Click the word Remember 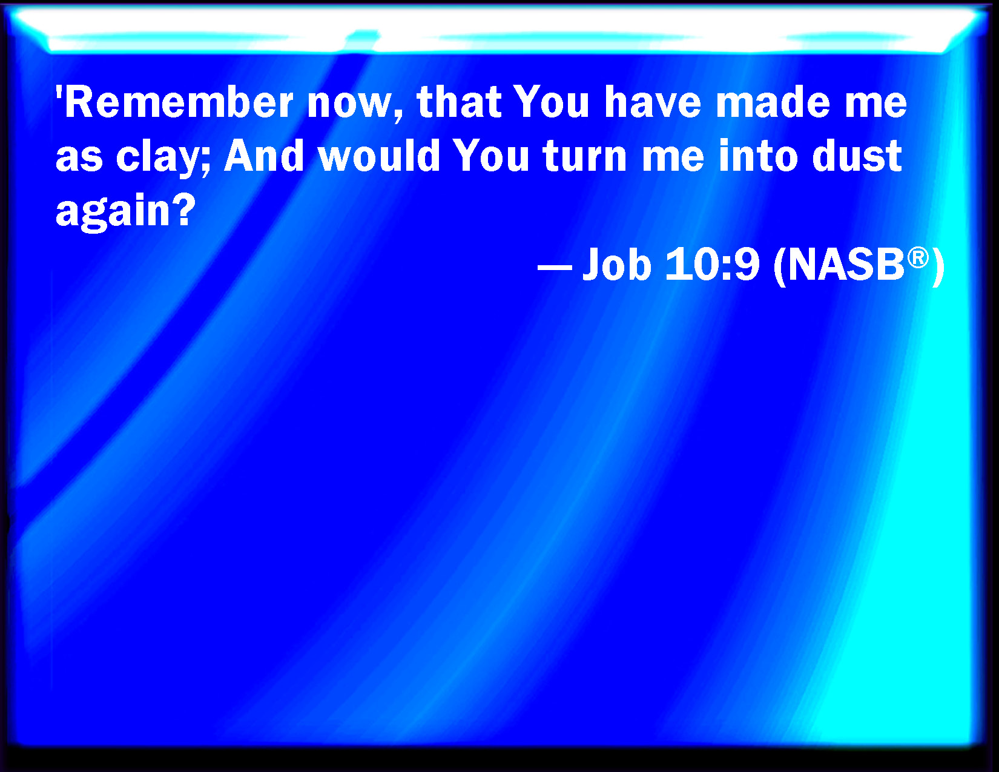coord(179,102)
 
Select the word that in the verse coord(460,102)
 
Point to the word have coord(653,102)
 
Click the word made coord(773,102)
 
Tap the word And coord(264,156)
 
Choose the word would coord(379,156)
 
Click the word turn coord(585,157)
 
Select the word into coord(757,156)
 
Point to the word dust coord(857,156)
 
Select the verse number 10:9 coord(712,264)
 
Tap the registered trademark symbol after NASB coord(918,258)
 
